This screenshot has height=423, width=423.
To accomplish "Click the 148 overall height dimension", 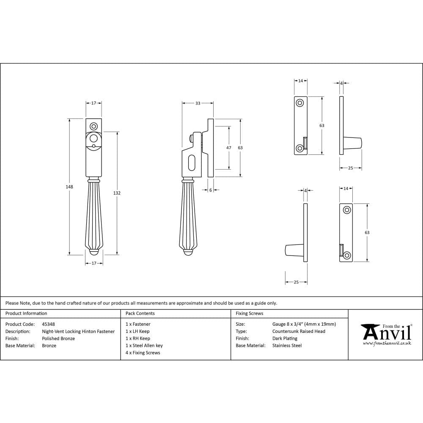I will tap(70, 187).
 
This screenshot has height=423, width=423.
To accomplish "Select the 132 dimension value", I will tap(117, 193).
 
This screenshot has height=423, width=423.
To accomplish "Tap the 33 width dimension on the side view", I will tap(198, 103).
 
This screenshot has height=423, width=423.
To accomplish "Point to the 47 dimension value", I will tap(229, 148).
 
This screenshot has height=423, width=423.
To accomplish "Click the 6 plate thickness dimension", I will tap(211, 190).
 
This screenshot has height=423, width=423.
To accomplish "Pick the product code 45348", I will tap(48, 324).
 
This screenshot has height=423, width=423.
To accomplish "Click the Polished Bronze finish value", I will tap(58, 338).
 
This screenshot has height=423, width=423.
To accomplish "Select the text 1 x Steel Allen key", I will tap(144, 346).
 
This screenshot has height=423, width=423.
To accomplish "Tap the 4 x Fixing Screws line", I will tap(143, 353).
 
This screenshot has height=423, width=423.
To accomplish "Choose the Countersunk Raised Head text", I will tap(299, 331).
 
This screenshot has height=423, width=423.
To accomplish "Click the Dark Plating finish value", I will tap(285, 338).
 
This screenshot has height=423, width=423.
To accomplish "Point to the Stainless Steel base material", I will tap(287, 346).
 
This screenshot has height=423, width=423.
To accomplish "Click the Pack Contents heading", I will tap(140, 313).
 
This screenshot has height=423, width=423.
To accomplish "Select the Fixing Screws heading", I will tap(249, 313).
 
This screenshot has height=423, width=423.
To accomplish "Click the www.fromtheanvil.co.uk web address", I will tap(387, 343).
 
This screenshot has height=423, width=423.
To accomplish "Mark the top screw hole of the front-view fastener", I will tap(93, 126).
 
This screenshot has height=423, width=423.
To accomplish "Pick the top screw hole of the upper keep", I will tap(300, 102).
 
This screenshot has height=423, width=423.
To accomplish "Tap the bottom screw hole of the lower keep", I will tap(347, 255).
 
